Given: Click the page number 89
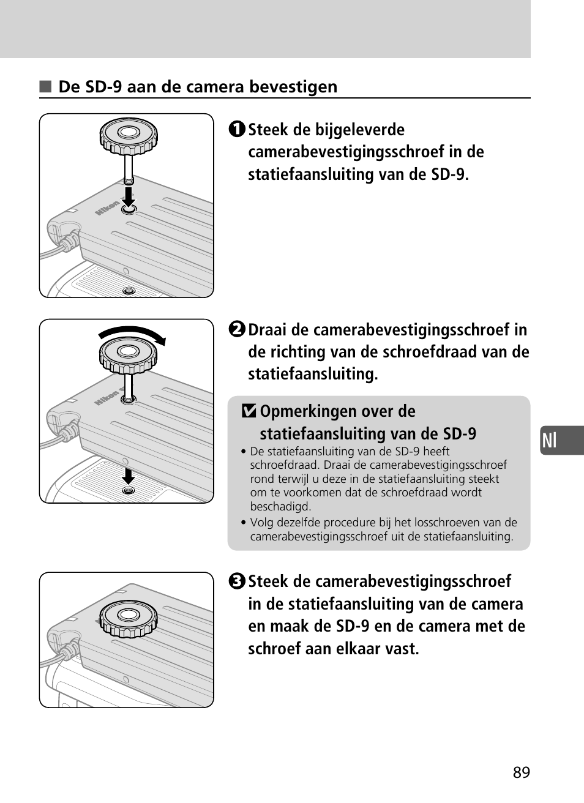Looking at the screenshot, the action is click(522, 772).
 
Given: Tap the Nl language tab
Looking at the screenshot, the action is click(562, 440).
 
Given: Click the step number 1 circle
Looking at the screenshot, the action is click(237, 129).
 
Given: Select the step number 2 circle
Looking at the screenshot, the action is click(237, 329).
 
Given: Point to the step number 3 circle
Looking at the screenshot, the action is click(237, 581).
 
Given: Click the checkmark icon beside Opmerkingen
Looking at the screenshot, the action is click(249, 411).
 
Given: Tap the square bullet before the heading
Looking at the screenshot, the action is click(45, 86).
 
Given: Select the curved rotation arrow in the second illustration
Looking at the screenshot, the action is click(132, 332).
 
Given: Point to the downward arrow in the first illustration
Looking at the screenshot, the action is click(129, 196).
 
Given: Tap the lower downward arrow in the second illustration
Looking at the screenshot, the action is click(128, 476).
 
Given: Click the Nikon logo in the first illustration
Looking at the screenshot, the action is click(107, 208).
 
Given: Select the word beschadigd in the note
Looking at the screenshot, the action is click(281, 506).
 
